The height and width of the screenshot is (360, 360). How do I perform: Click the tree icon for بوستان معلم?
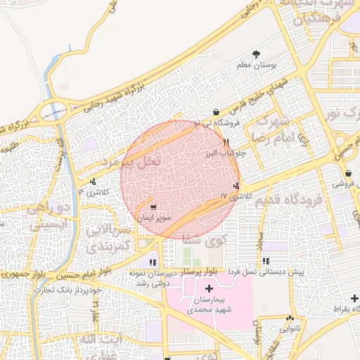tap(257, 54)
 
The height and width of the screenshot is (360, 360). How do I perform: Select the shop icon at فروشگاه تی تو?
tap(215, 112)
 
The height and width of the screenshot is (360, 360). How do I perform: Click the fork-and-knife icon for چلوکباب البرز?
tap(226, 142)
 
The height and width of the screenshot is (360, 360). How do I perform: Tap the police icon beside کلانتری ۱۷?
tap(236, 186)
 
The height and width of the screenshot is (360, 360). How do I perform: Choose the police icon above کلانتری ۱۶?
tap(93, 182)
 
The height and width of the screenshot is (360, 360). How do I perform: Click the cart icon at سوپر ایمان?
tap(153, 208)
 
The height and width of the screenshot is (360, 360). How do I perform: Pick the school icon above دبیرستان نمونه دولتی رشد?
tap(153, 262)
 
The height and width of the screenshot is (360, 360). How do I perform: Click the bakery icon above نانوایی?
tap(290, 319)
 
